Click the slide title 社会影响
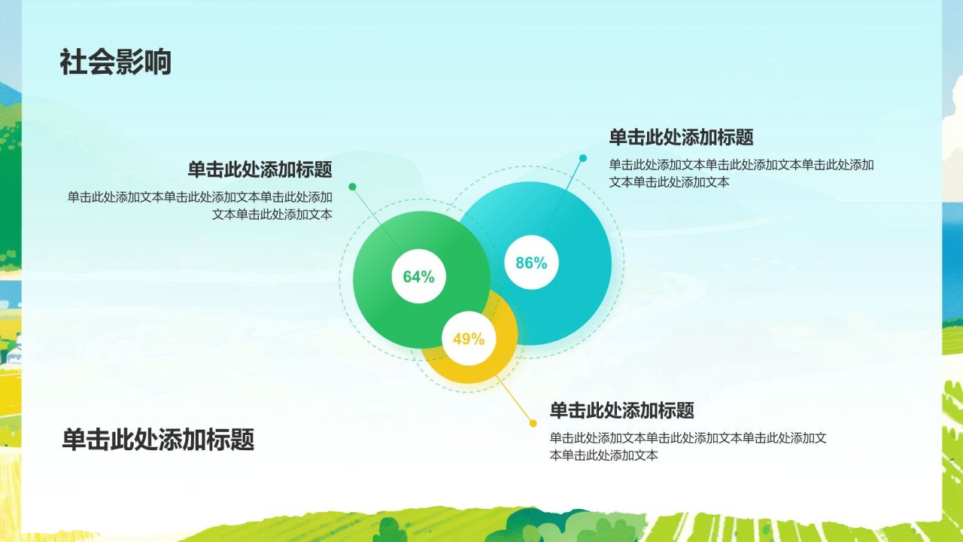pyautogui.click(x=116, y=62)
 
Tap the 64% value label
pyautogui.click(x=419, y=276)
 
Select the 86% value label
pyautogui.click(x=531, y=263)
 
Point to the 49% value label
pyautogui.click(x=469, y=339)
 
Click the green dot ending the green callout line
pyautogui.click(x=353, y=187)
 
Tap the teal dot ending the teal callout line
pyautogui.click(x=583, y=158)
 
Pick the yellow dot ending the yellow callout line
pyautogui.click(x=533, y=423)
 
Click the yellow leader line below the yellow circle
pyautogui.click(x=514, y=399)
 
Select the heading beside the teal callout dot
pyautogui.click(x=681, y=137)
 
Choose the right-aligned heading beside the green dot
pyautogui.click(x=260, y=169)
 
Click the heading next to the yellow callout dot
pyautogui.click(x=621, y=410)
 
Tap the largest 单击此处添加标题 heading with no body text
pyautogui.click(x=158, y=439)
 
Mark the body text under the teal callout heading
pyautogui.click(x=741, y=173)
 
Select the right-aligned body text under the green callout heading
pyautogui.click(x=200, y=206)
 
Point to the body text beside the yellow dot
pyautogui.click(x=688, y=446)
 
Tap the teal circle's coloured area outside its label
pyautogui.click(x=580, y=301)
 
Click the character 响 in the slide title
pyautogui.click(x=157, y=62)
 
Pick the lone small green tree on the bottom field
pyautogui.click(x=390, y=529)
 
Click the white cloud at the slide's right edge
pyautogui.click(x=953, y=142)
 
